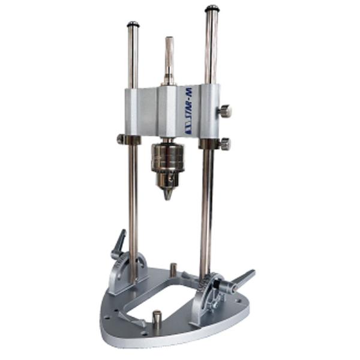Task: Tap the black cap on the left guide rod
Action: (x=133, y=24)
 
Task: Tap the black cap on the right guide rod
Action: (x=212, y=9)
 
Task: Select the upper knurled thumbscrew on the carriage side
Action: (x=225, y=110)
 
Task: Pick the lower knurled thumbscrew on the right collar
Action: (x=224, y=143)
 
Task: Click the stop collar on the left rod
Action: (x=128, y=139)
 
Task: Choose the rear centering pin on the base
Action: (x=173, y=268)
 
